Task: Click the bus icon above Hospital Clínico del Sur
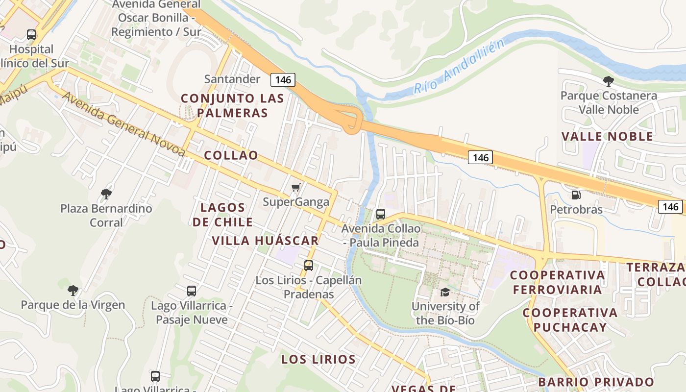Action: (31, 35)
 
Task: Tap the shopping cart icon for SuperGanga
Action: (296, 188)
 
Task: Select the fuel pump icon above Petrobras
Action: (576, 195)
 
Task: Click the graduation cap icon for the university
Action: (445, 292)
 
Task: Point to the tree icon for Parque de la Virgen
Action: (73, 290)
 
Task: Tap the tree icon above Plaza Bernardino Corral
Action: (106, 194)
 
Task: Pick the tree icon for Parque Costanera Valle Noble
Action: (609, 81)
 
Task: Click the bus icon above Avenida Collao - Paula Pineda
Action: (381, 214)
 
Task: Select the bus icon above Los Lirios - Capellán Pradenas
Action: (309, 266)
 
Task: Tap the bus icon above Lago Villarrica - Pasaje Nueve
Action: (192, 291)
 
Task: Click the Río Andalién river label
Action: (459, 67)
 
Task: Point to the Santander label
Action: (232, 79)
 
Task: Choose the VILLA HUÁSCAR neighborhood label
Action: (266, 241)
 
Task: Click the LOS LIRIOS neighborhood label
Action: (318, 359)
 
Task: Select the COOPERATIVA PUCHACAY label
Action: (570, 319)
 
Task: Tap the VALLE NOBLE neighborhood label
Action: (608, 136)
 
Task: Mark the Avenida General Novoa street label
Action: (123, 124)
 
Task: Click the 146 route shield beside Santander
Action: (283, 80)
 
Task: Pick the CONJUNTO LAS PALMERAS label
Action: (232, 105)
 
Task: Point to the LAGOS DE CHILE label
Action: (223, 215)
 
